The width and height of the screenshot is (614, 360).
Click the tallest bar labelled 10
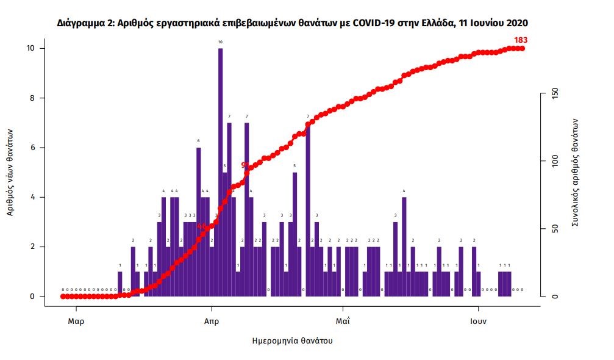click(220, 171)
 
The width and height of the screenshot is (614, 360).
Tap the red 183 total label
click(520, 40)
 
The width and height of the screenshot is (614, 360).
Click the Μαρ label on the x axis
click(76, 321)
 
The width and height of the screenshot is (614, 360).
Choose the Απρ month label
click(212, 321)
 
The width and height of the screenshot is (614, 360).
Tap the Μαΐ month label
click(343, 321)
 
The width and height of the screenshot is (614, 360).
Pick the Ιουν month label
click(478, 321)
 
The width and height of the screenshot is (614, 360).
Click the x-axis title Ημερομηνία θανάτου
click(293, 340)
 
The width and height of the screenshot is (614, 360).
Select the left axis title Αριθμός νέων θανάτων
click(11, 172)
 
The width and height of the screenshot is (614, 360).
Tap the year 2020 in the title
click(516, 23)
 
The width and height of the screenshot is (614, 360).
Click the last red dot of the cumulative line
click(523, 48)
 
